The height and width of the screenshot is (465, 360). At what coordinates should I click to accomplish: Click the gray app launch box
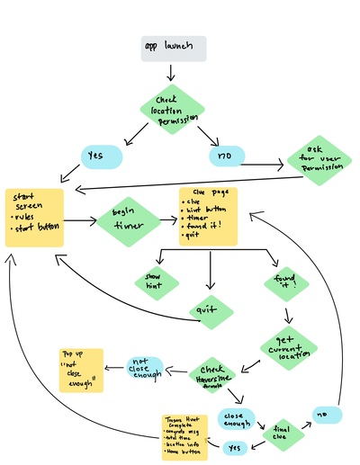(174, 49)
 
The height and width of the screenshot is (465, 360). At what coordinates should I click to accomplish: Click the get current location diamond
(288, 347)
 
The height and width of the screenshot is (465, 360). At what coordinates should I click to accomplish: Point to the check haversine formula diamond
(213, 376)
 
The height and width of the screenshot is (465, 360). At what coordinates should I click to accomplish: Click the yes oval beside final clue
(234, 446)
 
